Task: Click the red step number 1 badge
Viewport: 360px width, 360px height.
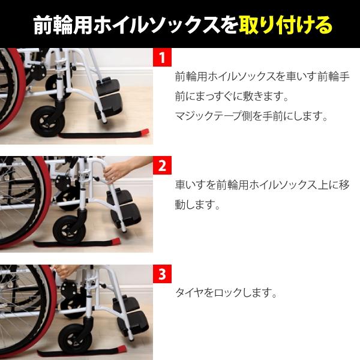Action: (x=162, y=57)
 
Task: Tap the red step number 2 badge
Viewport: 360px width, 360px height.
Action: (x=162, y=166)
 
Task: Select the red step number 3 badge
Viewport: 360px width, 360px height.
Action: (x=162, y=274)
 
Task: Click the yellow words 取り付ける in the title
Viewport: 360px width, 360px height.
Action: (x=286, y=25)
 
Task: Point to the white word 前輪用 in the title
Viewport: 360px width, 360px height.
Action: (x=62, y=25)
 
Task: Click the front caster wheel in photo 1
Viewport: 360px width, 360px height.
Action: (x=48, y=121)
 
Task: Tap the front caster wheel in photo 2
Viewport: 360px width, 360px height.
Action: (x=70, y=230)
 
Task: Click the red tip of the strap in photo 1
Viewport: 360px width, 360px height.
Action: (x=145, y=133)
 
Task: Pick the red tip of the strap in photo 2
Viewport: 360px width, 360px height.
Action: (x=115, y=241)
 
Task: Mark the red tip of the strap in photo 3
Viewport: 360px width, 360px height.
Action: (x=122, y=349)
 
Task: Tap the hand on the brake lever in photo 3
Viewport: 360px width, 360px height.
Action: (x=62, y=271)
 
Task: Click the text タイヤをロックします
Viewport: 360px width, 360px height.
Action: (x=226, y=293)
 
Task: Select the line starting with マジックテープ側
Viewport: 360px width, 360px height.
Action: (x=251, y=116)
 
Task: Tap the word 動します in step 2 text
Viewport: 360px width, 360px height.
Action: (x=197, y=205)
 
